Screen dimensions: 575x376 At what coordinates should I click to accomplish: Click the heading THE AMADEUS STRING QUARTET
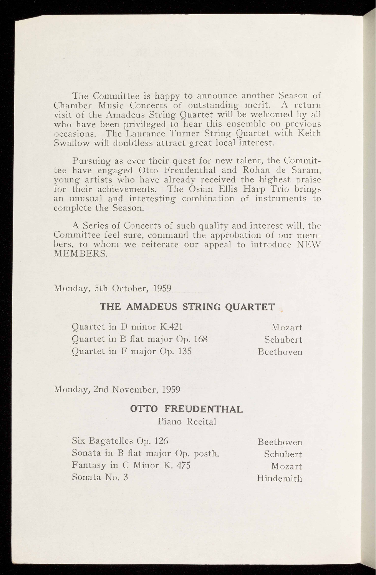[187, 307]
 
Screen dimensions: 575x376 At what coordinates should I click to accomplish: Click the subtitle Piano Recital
[187, 421]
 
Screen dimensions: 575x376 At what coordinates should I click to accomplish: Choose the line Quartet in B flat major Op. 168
[139, 339]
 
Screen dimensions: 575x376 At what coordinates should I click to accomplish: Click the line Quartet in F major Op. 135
[131, 351]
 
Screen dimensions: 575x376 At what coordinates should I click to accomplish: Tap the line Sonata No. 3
[100, 477]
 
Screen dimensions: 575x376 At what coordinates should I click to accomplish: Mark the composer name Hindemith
[279, 479]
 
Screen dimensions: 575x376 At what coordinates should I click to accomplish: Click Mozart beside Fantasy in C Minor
[286, 466]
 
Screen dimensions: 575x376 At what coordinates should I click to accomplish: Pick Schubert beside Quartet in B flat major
[283, 340]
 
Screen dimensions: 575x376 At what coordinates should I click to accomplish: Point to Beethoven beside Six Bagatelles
[280, 442]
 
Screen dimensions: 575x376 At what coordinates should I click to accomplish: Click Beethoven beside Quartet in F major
[280, 352]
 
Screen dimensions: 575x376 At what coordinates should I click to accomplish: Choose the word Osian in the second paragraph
[203, 189]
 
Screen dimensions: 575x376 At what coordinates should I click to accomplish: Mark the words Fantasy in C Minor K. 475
[131, 465]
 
